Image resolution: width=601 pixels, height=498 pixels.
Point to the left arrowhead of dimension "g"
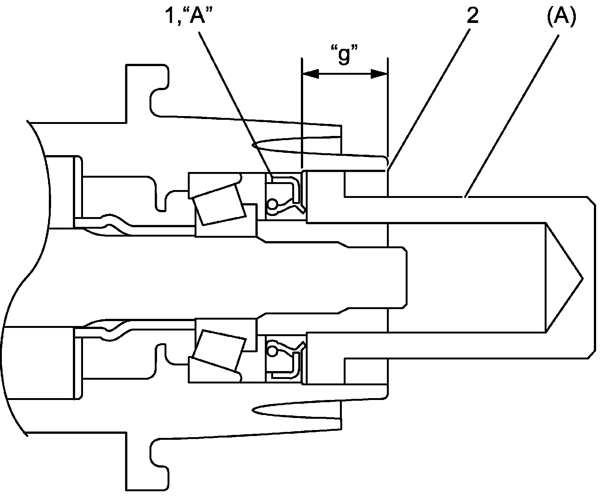click(310, 74)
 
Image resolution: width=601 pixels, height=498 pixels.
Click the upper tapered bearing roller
click(219, 205)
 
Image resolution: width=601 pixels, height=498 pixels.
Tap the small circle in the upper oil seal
click(272, 205)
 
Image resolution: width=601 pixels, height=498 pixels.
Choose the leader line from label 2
click(428, 101)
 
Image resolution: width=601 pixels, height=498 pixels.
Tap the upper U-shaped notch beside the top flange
click(158, 101)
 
